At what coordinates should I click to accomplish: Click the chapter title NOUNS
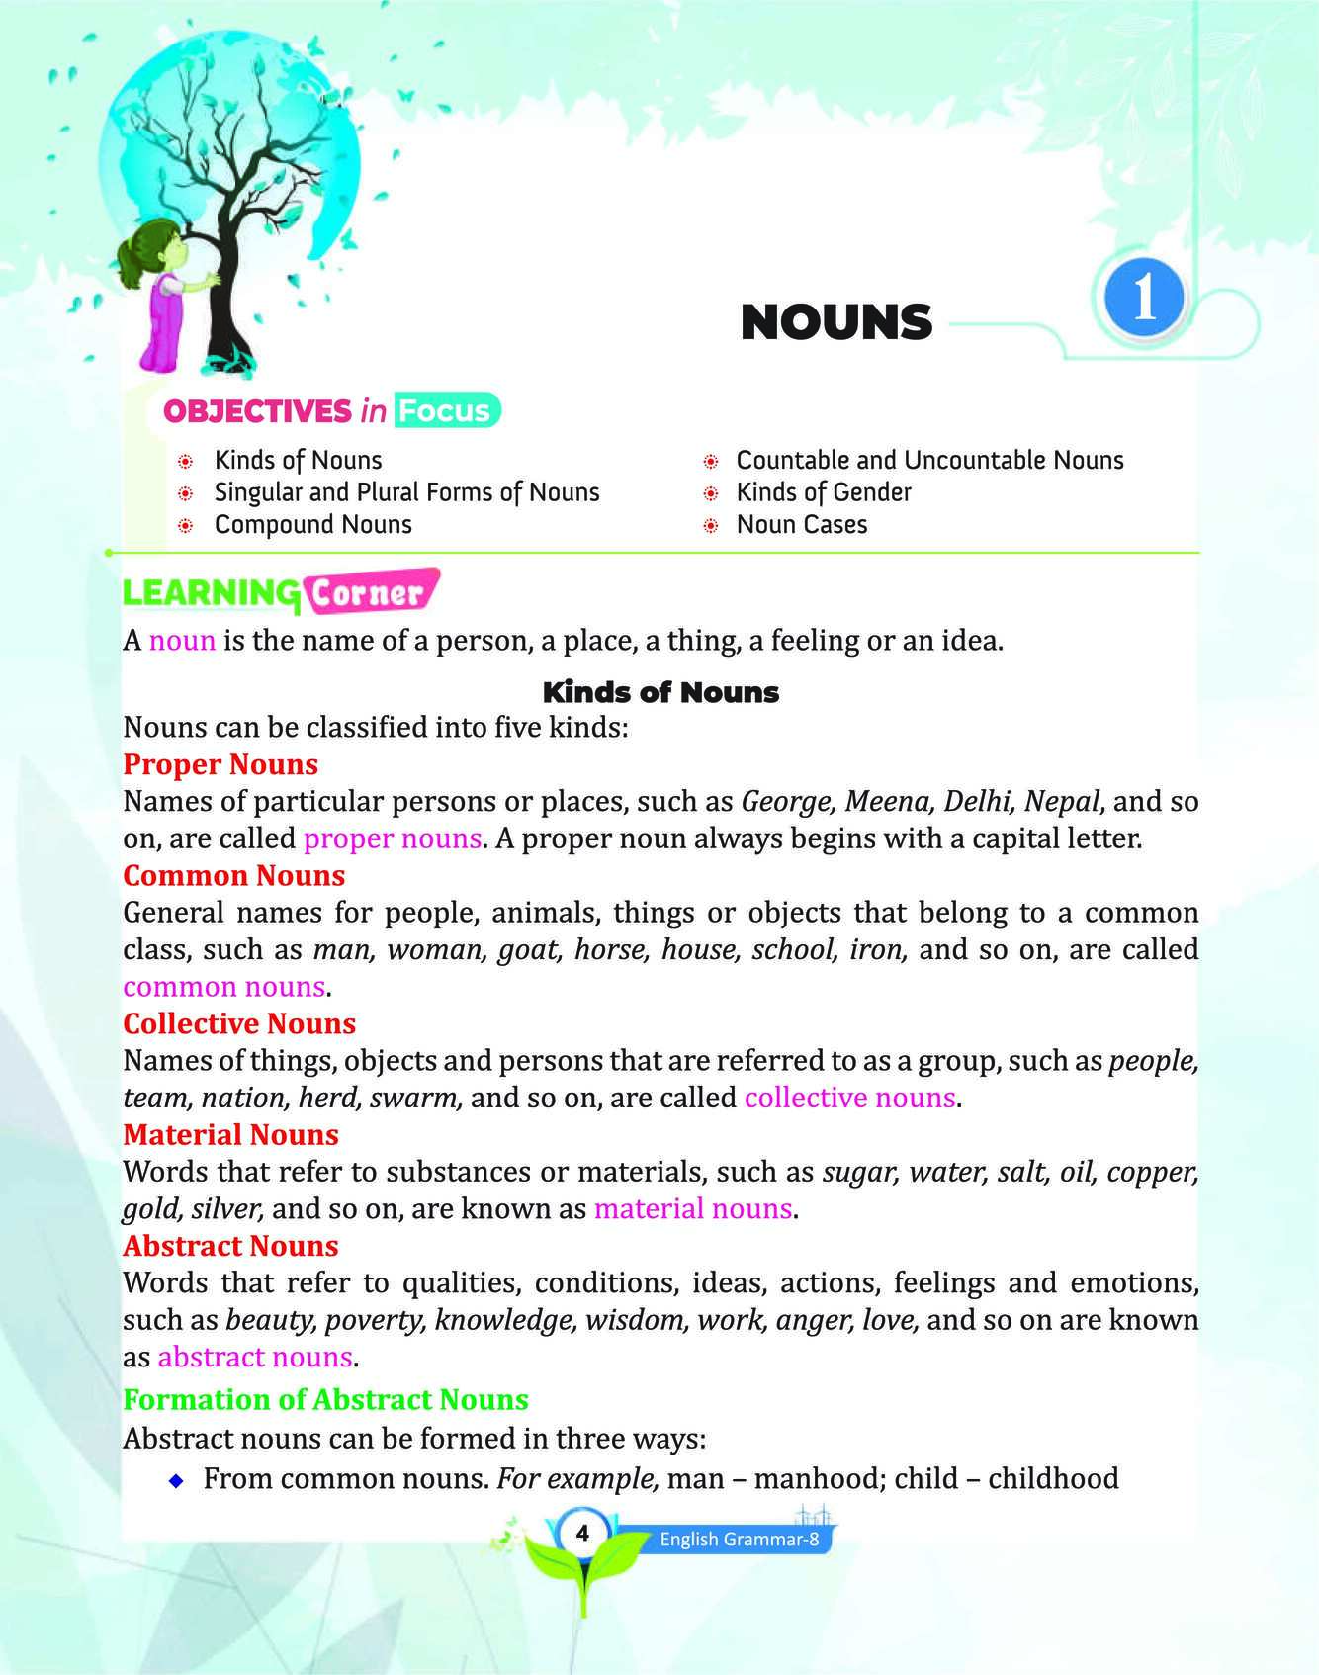coord(835,322)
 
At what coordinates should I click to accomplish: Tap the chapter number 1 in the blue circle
coord(1144,297)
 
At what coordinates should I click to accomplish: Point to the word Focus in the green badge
coord(444,410)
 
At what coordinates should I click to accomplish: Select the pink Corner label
coord(368,593)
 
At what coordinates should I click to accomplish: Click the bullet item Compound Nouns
coord(312,524)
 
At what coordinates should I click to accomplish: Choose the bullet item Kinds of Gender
coord(823,492)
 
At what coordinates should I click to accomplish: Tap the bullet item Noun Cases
coord(801,524)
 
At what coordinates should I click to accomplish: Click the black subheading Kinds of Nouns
coord(660,692)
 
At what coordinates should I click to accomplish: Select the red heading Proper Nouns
coord(220,764)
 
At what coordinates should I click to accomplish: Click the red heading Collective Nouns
coord(239,1023)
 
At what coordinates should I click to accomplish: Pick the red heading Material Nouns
coord(230,1134)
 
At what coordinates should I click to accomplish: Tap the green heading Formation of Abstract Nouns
coord(325,1399)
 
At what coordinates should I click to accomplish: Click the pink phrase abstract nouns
coord(255,1357)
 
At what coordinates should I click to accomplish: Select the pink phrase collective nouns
coord(849,1098)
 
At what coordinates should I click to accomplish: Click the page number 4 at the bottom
coord(582,1534)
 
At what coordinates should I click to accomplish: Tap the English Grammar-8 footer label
coord(739,1539)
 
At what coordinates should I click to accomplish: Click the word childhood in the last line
coord(1053,1479)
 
